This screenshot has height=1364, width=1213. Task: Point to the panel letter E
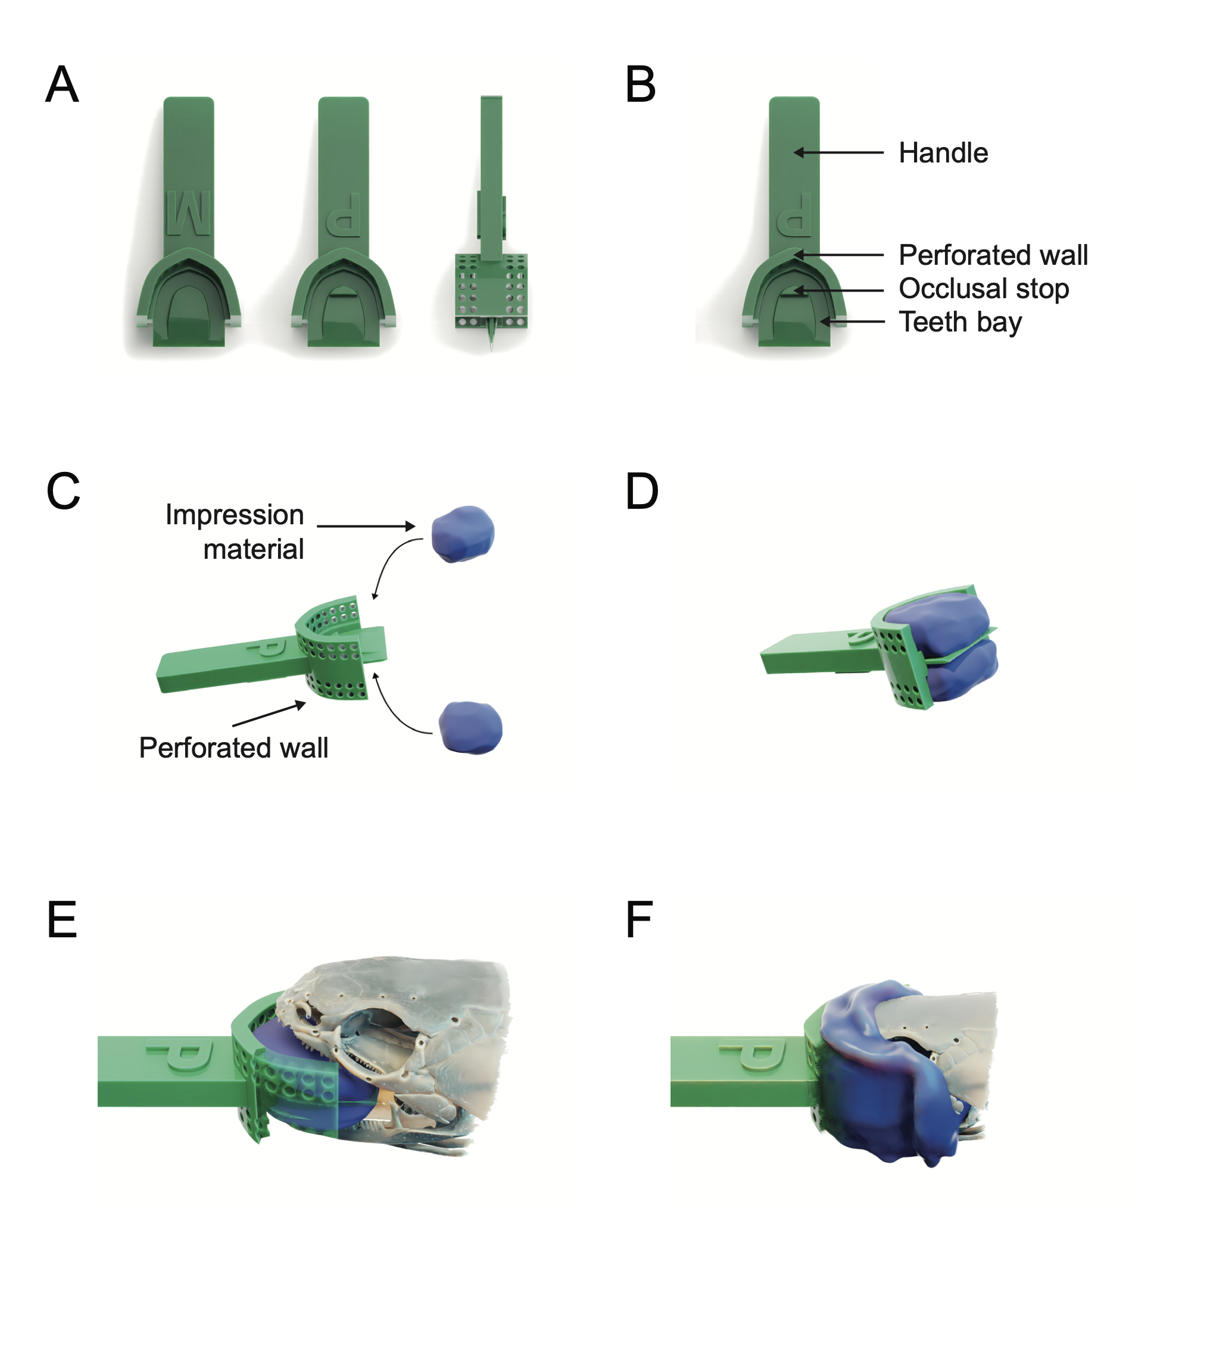[62, 920]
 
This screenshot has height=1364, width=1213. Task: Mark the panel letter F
[639, 920]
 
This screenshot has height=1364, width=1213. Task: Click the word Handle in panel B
[943, 154]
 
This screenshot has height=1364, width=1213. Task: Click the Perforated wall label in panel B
[993, 255]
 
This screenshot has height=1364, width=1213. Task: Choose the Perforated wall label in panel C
[233, 748]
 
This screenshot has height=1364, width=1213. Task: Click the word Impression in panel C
[234, 515]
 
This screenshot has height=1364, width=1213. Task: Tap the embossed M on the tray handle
[188, 214]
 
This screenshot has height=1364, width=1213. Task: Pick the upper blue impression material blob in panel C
[463, 534]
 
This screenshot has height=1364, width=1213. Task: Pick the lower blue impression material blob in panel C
[470, 727]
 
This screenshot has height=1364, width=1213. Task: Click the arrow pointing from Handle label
[838, 153]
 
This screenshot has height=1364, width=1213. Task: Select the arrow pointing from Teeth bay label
[853, 321]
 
